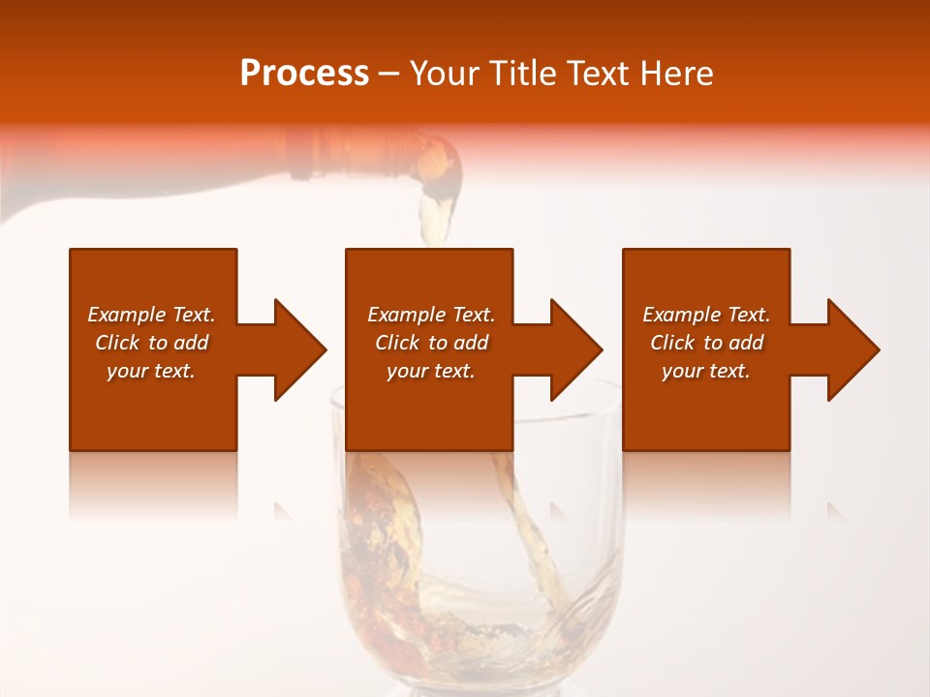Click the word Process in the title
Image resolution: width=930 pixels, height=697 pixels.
(x=304, y=74)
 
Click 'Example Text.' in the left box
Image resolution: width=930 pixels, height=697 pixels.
(x=151, y=315)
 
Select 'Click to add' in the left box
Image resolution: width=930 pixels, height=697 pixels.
(x=151, y=343)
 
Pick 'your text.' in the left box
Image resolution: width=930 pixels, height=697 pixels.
(x=151, y=371)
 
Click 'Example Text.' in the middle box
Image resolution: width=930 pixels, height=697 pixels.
(x=431, y=315)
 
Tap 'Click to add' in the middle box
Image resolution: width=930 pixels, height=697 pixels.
(x=431, y=343)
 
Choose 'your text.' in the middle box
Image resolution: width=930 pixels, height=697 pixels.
(x=431, y=371)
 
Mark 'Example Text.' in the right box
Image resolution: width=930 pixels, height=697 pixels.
(x=706, y=315)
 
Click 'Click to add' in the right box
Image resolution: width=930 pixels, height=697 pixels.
(x=706, y=343)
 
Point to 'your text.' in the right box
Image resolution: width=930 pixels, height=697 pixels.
(x=706, y=371)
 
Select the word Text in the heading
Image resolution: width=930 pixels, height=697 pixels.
(x=601, y=74)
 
